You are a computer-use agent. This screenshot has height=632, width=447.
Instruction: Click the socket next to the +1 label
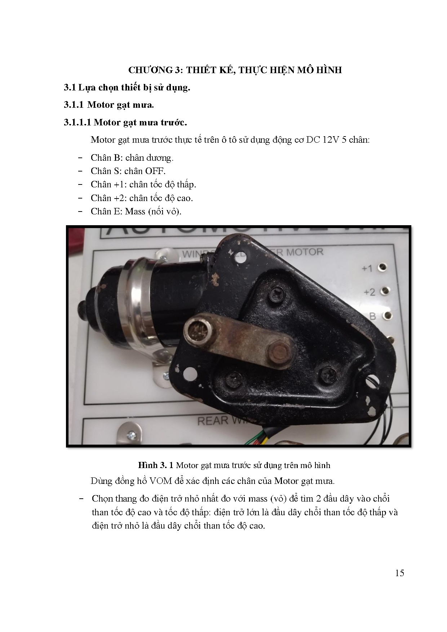tap(382, 267)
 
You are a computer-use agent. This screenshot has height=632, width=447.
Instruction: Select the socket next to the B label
tap(388, 316)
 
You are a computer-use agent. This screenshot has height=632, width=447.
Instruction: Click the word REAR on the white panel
tap(213, 420)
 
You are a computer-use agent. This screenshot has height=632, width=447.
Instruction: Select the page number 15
tap(399, 573)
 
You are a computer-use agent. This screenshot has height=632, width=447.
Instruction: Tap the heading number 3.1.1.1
tap(78, 123)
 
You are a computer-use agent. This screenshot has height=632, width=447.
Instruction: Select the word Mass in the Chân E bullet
tap(135, 212)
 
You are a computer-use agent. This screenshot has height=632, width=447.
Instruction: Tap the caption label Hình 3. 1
tap(156, 465)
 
